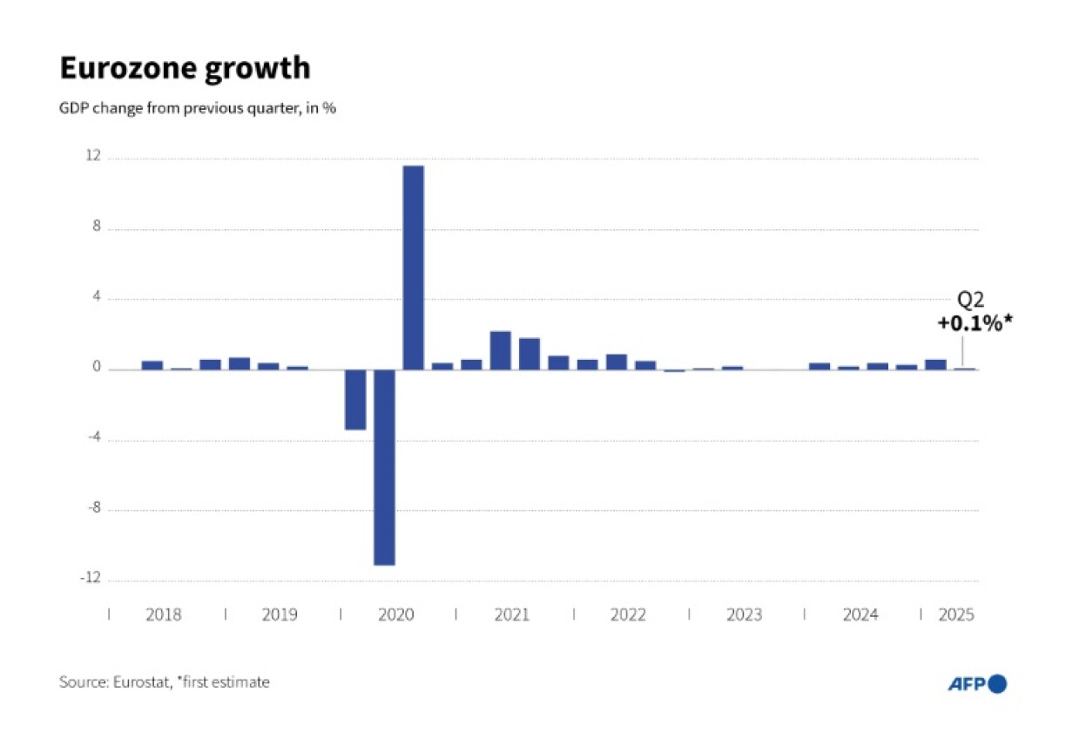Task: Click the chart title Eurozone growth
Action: pyautogui.click(x=185, y=68)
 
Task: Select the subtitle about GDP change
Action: pyautogui.click(x=198, y=110)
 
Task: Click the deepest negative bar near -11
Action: pyautogui.click(x=384, y=467)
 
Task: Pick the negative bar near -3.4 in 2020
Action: pyautogui.click(x=355, y=399)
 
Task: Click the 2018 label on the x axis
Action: pyautogui.click(x=164, y=615)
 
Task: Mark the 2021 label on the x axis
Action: pyautogui.click(x=512, y=615)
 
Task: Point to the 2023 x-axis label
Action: pyautogui.click(x=744, y=615)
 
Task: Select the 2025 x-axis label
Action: pyautogui.click(x=955, y=615)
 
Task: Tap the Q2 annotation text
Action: pyautogui.click(x=971, y=300)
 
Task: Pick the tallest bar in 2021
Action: pyautogui.click(x=500, y=349)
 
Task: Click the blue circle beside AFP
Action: pyautogui.click(x=997, y=684)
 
